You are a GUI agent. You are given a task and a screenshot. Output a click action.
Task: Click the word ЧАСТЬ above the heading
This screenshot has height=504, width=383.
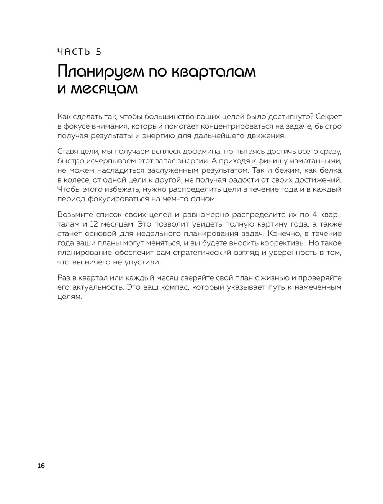pos(74,52)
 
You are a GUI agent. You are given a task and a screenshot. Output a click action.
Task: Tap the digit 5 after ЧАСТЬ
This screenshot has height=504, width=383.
pos(98,52)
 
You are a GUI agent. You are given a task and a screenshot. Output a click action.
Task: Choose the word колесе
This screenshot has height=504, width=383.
pos(78,180)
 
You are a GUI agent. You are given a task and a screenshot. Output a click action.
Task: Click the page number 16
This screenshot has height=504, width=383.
pos(41,465)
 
